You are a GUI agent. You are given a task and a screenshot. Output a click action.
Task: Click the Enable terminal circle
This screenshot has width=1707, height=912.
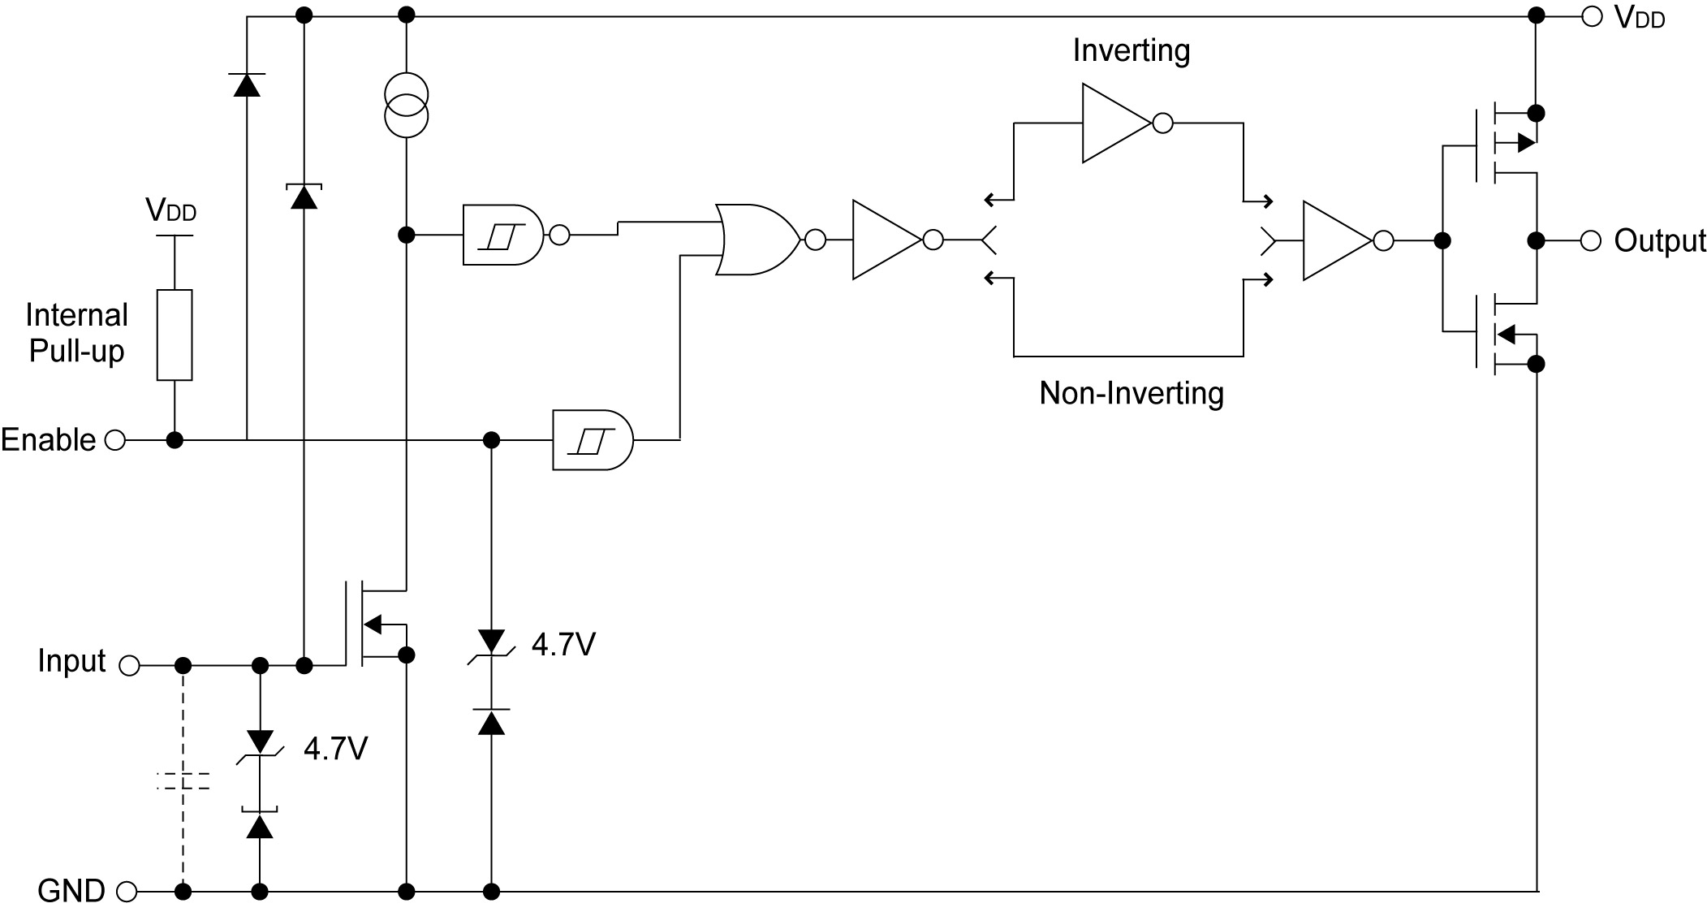click(x=116, y=440)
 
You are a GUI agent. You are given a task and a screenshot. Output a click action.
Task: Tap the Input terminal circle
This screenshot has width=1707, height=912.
click(x=129, y=666)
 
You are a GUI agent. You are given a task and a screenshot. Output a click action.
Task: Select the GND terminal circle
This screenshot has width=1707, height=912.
click(x=127, y=892)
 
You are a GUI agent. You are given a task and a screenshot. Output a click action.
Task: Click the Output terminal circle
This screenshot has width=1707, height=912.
click(x=1592, y=240)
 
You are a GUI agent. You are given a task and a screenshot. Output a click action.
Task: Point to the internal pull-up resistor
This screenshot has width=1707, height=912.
click(x=175, y=335)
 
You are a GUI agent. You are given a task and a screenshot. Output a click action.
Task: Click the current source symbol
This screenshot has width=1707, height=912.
click(x=406, y=105)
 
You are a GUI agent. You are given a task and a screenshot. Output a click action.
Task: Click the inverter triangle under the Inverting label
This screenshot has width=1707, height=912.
click(x=1116, y=123)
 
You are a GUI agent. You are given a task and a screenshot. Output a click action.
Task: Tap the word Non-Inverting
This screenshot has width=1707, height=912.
click(x=1131, y=393)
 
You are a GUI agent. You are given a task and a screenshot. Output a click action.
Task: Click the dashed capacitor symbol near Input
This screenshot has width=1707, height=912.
click(x=183, y=781)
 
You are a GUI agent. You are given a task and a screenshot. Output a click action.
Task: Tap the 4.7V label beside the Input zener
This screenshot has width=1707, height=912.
click(x=335, y=748)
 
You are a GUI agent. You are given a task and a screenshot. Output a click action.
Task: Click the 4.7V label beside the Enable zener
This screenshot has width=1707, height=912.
click(x=563, y=645)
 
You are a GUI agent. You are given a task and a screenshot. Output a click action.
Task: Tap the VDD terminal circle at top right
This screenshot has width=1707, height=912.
click(x=1592, y=15)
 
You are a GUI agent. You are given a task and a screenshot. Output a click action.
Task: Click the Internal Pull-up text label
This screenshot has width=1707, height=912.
click(x=77, y=333)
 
